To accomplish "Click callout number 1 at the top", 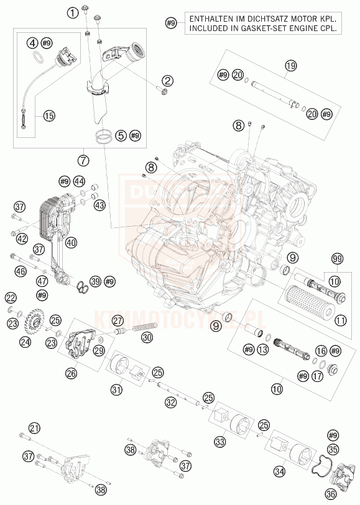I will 73,11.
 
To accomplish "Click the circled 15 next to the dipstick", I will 48,115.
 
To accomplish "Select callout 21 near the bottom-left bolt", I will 34,427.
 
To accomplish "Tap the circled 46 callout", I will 21,271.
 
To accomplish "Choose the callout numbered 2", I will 167,80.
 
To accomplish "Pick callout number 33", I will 218,442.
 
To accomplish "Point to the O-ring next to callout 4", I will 38,59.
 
